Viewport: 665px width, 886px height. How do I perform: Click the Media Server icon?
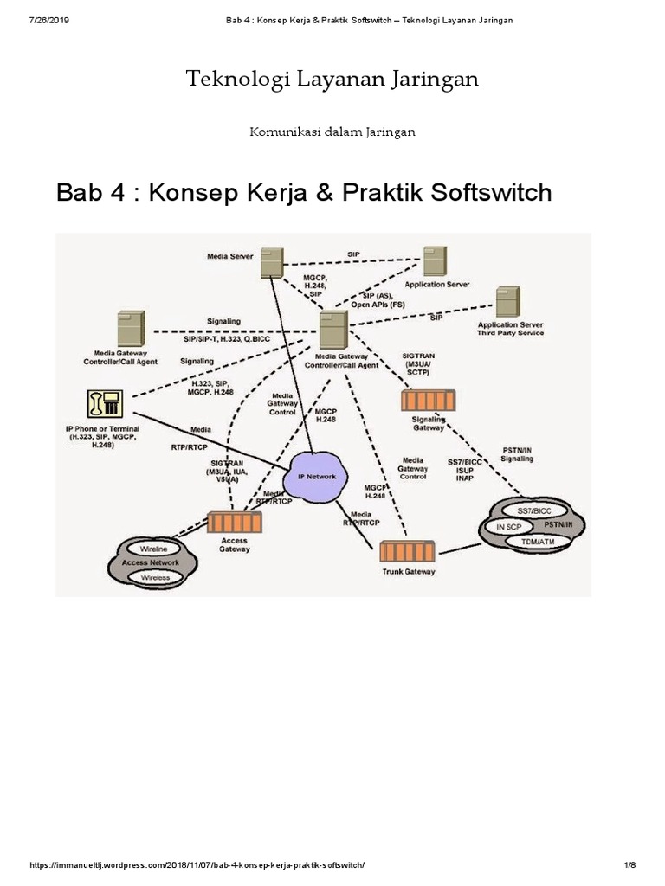coord(273,262)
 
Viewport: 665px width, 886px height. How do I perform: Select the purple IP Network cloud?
coord(317,476)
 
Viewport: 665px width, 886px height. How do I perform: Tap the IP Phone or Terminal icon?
coord(105,405)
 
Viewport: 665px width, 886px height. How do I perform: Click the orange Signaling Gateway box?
coord(429,401)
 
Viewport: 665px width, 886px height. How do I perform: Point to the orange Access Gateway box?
coord(235,523)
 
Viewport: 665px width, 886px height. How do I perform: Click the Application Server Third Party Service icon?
coord(507,302)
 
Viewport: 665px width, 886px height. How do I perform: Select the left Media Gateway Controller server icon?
coord(130,330)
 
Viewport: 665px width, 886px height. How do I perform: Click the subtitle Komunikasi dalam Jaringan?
coord(332,132)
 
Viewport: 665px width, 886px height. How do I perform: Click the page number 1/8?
coord(629,866)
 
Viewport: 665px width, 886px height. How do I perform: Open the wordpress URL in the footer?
coord(198,866)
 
